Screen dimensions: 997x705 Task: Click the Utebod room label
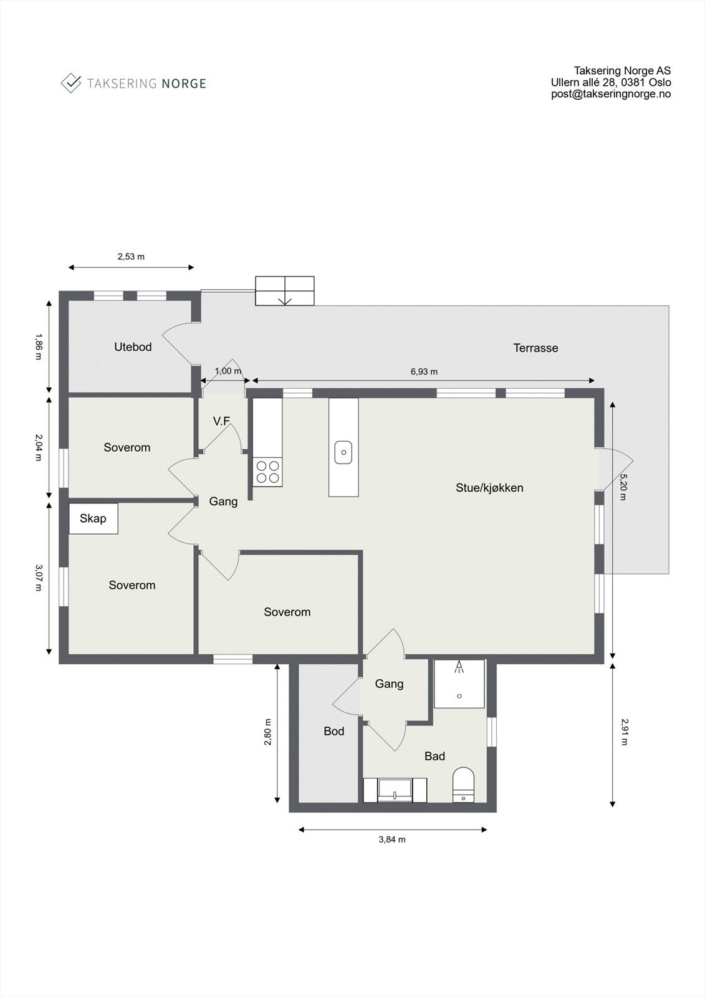pos(133,347)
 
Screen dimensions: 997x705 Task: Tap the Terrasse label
pos(535,348)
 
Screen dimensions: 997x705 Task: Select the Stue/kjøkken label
pos(489,488)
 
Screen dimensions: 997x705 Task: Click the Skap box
pos(94,518)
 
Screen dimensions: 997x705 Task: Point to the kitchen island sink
pos(343,452)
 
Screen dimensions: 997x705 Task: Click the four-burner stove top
pos(267,472)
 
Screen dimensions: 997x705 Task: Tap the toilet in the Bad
pos(463,784)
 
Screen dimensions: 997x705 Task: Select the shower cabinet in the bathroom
pos(459,684)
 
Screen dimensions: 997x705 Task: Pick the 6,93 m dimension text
pos(424,371)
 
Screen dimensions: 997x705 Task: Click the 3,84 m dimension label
pos(392,839)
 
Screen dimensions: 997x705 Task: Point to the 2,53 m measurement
pos(131,256)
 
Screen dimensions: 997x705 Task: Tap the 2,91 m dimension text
pos(624,732)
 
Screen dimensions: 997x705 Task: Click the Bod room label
pos(334,731)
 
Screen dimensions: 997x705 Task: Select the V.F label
pos(222,421)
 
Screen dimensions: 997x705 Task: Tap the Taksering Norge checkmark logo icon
pos(71,83)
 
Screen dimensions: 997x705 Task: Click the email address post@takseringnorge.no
pos(611,94)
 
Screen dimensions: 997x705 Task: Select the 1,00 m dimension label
pos(228,371)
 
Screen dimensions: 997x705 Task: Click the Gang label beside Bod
pos(389,684)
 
